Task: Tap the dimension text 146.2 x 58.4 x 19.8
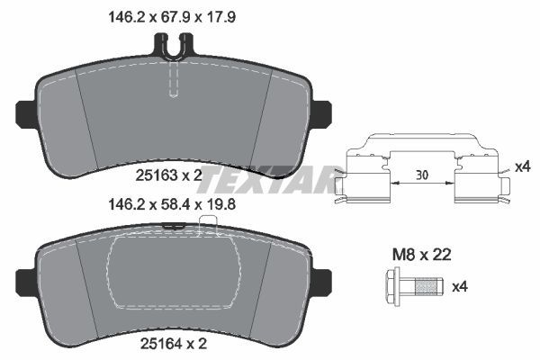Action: (x=174, y=204)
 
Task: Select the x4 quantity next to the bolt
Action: (x=459, y=287)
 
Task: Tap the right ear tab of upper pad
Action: (x=322, y=112)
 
